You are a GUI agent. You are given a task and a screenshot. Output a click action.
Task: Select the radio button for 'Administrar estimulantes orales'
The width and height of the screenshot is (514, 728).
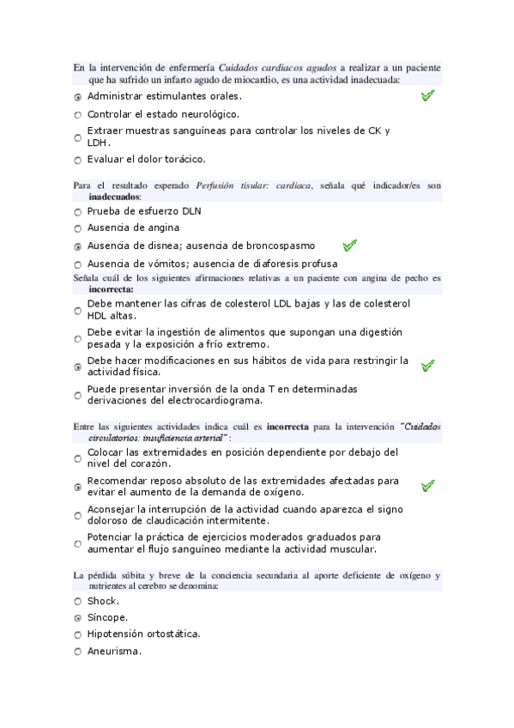point(78,97)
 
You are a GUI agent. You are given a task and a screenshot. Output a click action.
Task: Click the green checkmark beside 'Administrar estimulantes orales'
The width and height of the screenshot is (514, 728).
point(428,96)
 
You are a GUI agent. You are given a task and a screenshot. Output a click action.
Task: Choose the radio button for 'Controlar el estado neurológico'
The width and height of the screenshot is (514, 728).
point(78,114)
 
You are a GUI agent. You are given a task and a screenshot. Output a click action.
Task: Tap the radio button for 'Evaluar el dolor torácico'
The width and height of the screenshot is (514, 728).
point(78,160)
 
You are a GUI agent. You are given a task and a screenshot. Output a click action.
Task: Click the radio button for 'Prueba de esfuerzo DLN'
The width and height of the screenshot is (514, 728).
point(78,211)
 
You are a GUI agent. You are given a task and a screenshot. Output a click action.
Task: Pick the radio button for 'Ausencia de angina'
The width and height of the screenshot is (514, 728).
point(78,228)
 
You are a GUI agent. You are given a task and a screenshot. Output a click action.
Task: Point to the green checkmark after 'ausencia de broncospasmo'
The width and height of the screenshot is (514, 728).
point(349,246)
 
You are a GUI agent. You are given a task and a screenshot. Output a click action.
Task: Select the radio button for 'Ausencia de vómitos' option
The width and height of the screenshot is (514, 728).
point(78,264)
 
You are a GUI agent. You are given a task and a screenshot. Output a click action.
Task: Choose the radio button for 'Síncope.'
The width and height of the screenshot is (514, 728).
point(78,617)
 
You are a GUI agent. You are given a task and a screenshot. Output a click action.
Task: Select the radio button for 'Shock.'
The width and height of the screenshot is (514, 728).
point(78,601)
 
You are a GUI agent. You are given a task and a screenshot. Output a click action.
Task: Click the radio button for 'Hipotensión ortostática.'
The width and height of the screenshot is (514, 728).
point(78,634)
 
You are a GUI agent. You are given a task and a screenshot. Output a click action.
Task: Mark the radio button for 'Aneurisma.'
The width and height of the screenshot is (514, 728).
point(78,652)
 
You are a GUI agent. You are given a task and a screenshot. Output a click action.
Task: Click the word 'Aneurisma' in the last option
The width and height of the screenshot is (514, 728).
point(112,651)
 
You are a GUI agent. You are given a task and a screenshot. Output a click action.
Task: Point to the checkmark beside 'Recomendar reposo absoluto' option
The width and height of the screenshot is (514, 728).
point(428,486)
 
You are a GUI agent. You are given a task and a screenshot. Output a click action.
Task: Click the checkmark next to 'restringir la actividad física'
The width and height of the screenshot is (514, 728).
point(428,366)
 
